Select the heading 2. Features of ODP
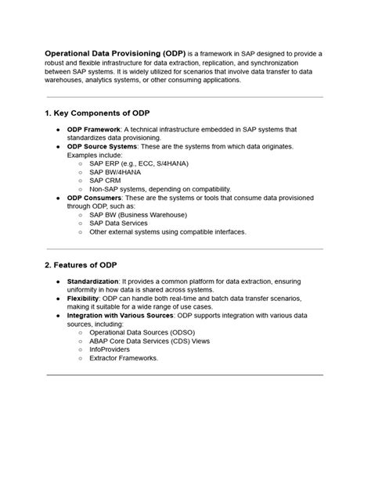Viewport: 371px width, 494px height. pos(81,265)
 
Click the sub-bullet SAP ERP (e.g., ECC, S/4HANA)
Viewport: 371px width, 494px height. pos(139,163)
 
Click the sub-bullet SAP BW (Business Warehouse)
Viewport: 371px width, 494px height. pos(138,215)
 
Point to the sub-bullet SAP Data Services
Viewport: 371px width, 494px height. pos(118,224)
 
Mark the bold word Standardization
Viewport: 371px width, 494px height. pos(92,281)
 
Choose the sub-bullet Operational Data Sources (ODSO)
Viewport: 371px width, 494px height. pos(143,332)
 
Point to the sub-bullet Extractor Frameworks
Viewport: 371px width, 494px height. pos(124,358)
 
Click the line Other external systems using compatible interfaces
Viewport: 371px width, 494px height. pos(167,232)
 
